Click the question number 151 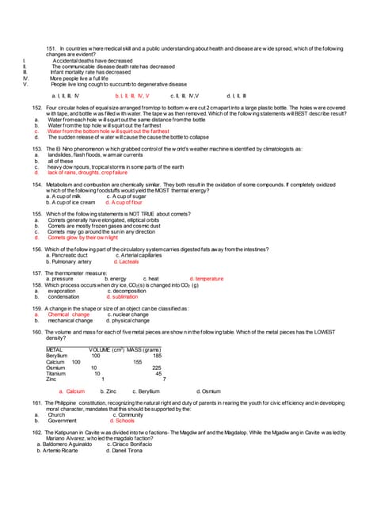coord(52,48)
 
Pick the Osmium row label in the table coord(55,368)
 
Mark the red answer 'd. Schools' coord(122,421)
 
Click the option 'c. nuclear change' coord(127,314)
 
